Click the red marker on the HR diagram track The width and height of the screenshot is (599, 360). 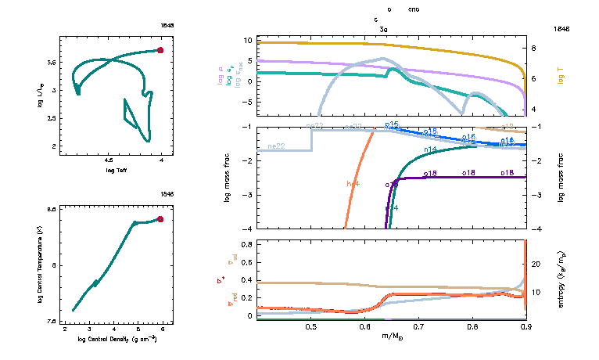160,50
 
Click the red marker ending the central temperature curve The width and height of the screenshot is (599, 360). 160,219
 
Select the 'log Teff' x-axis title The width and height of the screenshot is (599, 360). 116,170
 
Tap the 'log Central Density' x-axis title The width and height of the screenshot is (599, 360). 116,339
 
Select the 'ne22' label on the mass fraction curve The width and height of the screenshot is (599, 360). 275,146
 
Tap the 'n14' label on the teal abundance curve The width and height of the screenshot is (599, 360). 430,149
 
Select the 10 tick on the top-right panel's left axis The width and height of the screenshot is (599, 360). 248,40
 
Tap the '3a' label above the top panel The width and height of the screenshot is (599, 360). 383,28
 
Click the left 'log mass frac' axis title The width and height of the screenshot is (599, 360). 228,178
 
